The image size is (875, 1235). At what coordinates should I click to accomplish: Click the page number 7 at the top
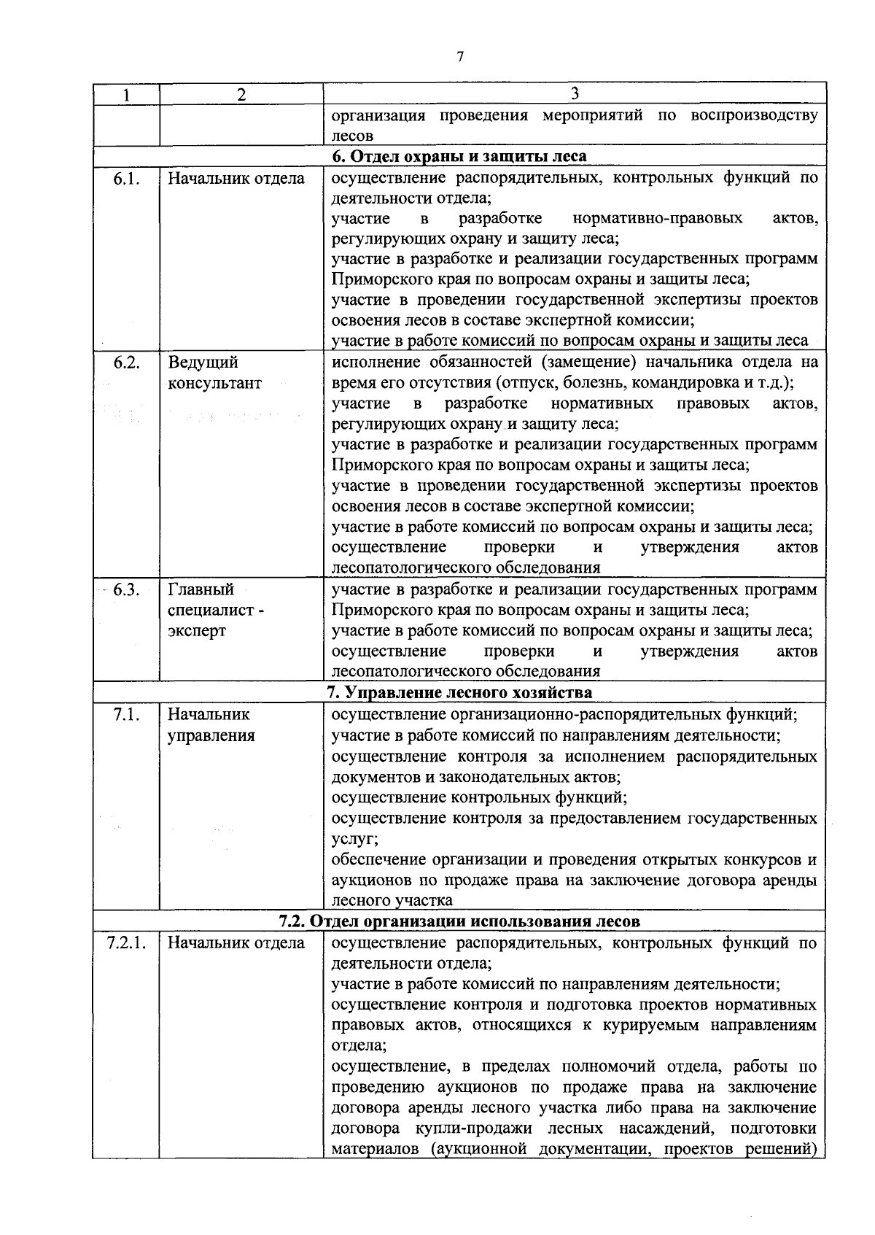pos(460,57)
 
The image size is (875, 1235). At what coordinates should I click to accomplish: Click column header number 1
pos(126,94)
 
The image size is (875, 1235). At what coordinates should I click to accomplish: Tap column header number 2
pos(241,94)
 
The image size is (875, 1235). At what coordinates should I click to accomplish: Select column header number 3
pos(575,93)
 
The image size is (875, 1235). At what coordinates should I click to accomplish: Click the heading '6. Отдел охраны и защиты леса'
pos(459,156)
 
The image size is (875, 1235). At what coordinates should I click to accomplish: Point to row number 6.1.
pos(126,178)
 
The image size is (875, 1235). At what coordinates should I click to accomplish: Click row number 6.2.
pos(126,363)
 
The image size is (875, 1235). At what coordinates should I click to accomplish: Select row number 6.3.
pos(126,589)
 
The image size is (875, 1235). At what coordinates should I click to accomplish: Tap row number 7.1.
pos(126,714)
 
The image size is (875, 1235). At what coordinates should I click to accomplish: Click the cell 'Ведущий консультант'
pos(214,373)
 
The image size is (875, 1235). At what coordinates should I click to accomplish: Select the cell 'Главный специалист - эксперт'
pos(215,610)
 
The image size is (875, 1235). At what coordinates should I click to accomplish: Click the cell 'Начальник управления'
pos(211,724)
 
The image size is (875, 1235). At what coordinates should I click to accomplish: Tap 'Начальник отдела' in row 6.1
pos(236,178)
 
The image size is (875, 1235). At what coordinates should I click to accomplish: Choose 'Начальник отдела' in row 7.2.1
pos(236,942)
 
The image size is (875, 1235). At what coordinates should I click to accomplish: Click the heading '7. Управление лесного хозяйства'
pos(459,692)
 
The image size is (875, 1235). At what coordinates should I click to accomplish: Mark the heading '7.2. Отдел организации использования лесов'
pos(459,921)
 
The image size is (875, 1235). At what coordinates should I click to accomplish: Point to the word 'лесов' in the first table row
pos(352,136)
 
